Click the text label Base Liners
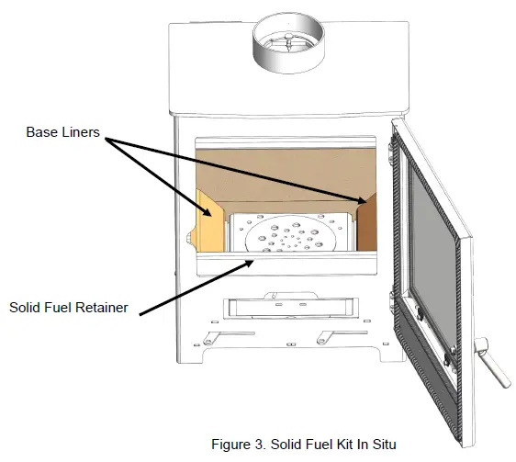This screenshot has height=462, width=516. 63,132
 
